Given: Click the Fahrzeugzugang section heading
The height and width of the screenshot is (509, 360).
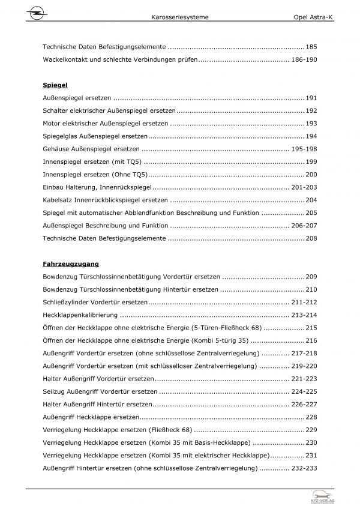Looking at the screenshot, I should click(71, 264).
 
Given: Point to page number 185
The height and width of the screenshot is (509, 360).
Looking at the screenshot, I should click(311, 46).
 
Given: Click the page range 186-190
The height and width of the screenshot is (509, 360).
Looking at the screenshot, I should click(304, 60).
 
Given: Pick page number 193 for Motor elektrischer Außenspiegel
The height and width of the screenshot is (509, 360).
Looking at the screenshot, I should click(311, 123).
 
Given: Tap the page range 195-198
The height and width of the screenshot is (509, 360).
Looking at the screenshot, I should click(304, 149).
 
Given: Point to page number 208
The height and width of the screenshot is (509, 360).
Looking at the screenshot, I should click(311, 238).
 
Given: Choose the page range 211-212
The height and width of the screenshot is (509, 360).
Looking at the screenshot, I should click(304, 302).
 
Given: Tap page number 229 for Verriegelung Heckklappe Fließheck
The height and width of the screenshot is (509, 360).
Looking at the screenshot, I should click(311, 430).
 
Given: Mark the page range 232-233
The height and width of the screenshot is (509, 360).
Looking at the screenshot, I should click(304, 468).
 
